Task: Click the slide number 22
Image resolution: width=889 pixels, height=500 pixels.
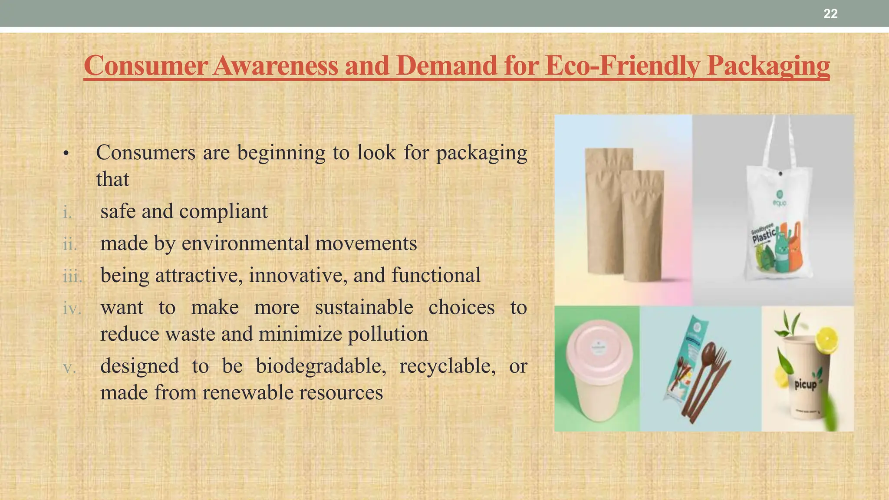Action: (x=830, y=14)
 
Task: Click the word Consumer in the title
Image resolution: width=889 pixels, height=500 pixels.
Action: (x=145, y=66)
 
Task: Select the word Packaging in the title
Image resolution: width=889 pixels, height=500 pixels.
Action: (x=768, y=66)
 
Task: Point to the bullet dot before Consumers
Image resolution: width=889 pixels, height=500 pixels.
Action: (x=66, y=154)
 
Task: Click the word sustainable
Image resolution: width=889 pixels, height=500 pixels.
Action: (x=364, y=308)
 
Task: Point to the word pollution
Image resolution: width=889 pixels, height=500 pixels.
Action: (x=388, y=334)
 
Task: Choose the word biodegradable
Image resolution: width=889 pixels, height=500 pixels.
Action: (x=321, y=366)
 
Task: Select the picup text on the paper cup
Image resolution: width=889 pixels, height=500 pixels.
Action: (x=806, y=384)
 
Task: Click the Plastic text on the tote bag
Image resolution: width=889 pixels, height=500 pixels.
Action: (x=764, y=236)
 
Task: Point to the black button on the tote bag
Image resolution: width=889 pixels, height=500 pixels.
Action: (x=780, y=174)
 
